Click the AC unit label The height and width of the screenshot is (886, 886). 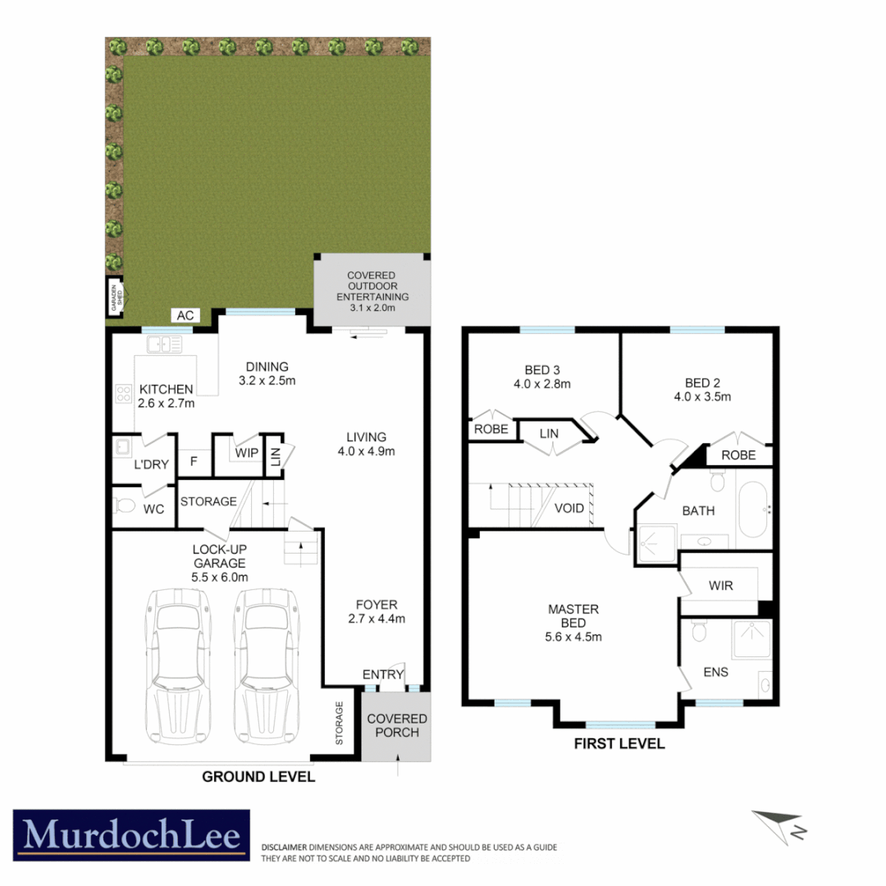pos(185,316)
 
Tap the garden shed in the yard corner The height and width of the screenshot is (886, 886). pos(116,297)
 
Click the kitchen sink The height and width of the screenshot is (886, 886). pos(165,344)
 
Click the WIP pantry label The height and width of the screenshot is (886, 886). pos(247,453)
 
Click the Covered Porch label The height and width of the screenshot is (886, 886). pos(397,725)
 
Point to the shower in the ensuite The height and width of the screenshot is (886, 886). pos(752,639)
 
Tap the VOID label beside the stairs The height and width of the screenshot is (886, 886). pos(569,509)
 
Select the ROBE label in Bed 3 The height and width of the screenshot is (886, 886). pos(491,429)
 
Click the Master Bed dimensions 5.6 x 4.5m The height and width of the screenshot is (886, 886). pos(573,637)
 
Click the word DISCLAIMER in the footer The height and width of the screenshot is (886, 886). pos(284,847)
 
